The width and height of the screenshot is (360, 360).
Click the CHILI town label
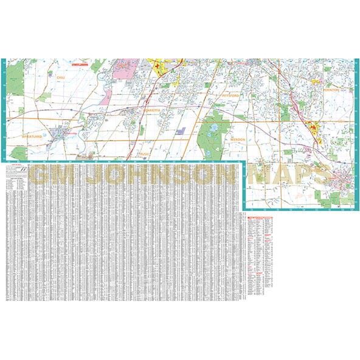(60, 78)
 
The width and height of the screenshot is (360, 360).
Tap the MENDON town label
(237, 139)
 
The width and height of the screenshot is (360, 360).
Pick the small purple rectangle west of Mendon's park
(180, 130)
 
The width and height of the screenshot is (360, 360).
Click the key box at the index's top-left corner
(13, 171)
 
